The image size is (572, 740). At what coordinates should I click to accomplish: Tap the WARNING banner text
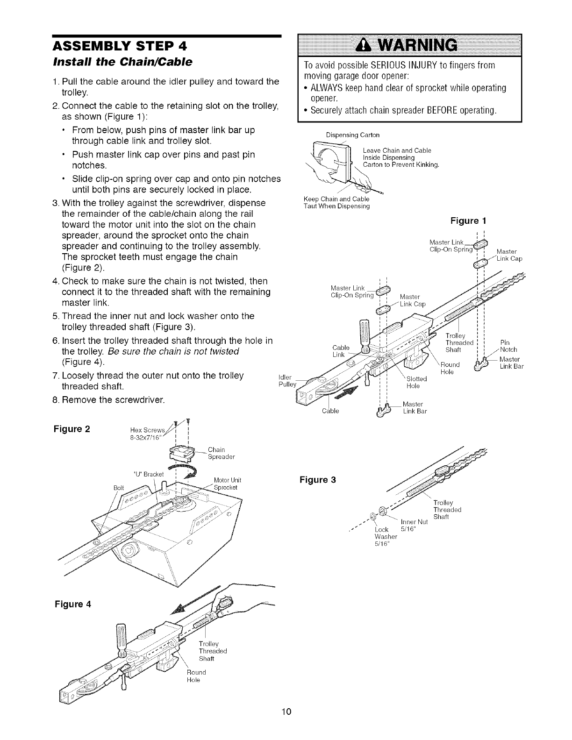tap(409, 45)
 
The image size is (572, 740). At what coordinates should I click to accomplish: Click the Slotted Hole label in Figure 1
tap(414, 382)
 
